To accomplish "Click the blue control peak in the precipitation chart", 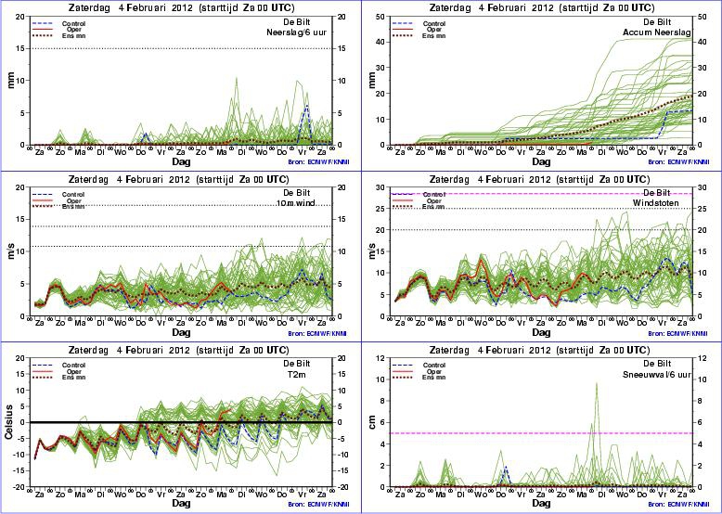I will (x=306, y=106).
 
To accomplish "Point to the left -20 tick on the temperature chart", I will (x=20, y=487).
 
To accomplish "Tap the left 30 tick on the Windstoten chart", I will (x=383, y=187).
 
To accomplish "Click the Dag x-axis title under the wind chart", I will (x=181, y=331).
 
